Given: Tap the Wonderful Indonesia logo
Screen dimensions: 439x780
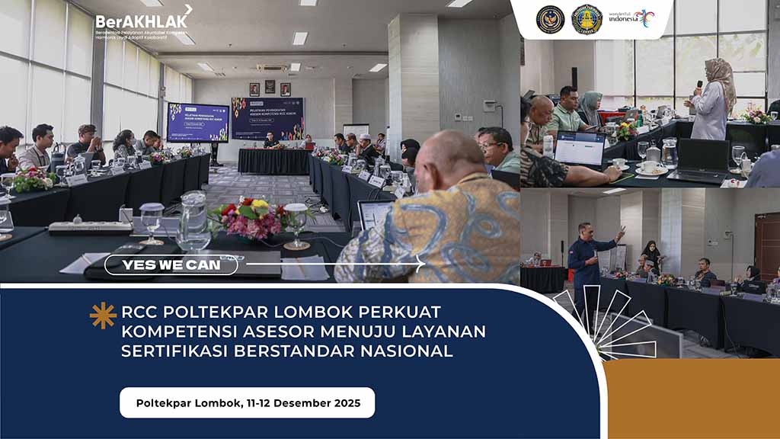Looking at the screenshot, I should [634, 18].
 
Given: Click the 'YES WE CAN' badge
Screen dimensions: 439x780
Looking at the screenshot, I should [171, 265].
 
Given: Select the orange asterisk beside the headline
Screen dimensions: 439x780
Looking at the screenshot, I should [103, 315].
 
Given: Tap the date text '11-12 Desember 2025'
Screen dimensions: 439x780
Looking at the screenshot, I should [303, 402].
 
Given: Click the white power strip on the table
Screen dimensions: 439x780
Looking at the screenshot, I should [90, 227].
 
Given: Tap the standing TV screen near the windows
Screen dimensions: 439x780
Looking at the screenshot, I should [197, 122].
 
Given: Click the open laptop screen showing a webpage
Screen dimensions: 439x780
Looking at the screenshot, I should [579, 149].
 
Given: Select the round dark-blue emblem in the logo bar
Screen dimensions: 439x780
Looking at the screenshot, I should [550, 19].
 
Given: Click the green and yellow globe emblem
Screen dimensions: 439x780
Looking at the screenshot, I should [587, 19].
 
